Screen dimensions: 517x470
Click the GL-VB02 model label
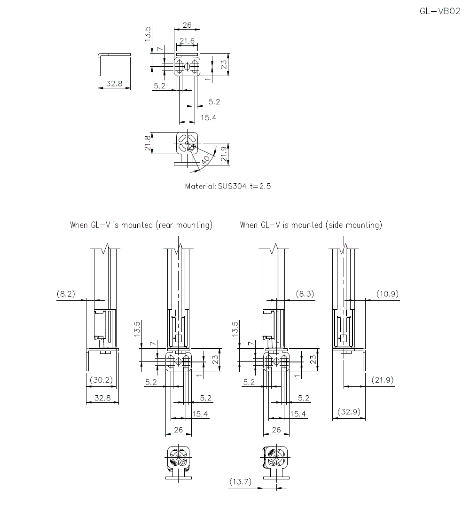tap(440, 12)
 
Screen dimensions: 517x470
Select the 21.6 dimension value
tap(187, 41)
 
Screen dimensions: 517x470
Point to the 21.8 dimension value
tap(148, 143)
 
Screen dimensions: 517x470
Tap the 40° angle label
tap(206, 160)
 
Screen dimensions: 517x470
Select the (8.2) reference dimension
tap(66, 294)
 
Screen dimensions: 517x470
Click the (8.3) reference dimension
tap(305, 294)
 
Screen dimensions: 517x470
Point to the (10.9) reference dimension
tap(387, 294)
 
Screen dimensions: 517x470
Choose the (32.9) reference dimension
tap(349, 412)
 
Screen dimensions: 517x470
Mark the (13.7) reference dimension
tap(241, 482)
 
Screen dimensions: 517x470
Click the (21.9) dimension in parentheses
tap(382, 380)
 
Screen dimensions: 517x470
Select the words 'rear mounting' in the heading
tap(183, 225)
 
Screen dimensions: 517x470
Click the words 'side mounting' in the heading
tap(353, 225)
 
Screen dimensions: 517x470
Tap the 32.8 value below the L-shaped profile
tap(114, 84)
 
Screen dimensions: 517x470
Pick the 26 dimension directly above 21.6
tap(187, 25)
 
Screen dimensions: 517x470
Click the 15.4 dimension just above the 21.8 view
tap(209, 117)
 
